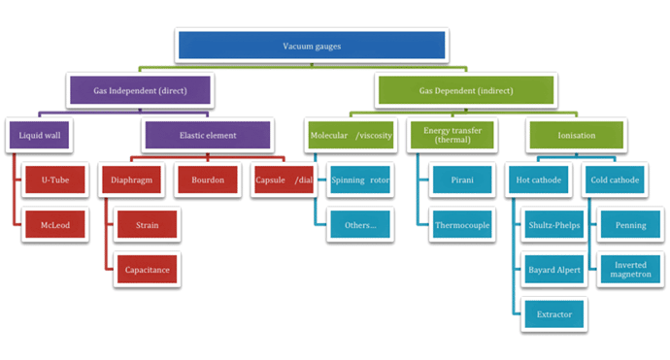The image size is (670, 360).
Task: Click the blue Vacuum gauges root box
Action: tap(312, 46)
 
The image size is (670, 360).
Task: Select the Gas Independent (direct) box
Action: tap(142, 90)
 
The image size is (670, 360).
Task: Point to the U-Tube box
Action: tap(55, 180)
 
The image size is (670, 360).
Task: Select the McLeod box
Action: tap(55, 225)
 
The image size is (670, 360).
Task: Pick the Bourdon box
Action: tap(208, 180)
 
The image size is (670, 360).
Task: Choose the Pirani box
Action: tap(461, 180)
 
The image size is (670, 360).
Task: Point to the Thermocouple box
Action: tap(461, 225)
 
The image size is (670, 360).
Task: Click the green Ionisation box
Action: tap(578, 136)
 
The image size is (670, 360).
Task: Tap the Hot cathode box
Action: tap(540, 180)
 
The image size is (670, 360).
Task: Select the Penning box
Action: tap(630, 225)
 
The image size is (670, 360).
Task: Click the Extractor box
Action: tap(553, 313)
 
